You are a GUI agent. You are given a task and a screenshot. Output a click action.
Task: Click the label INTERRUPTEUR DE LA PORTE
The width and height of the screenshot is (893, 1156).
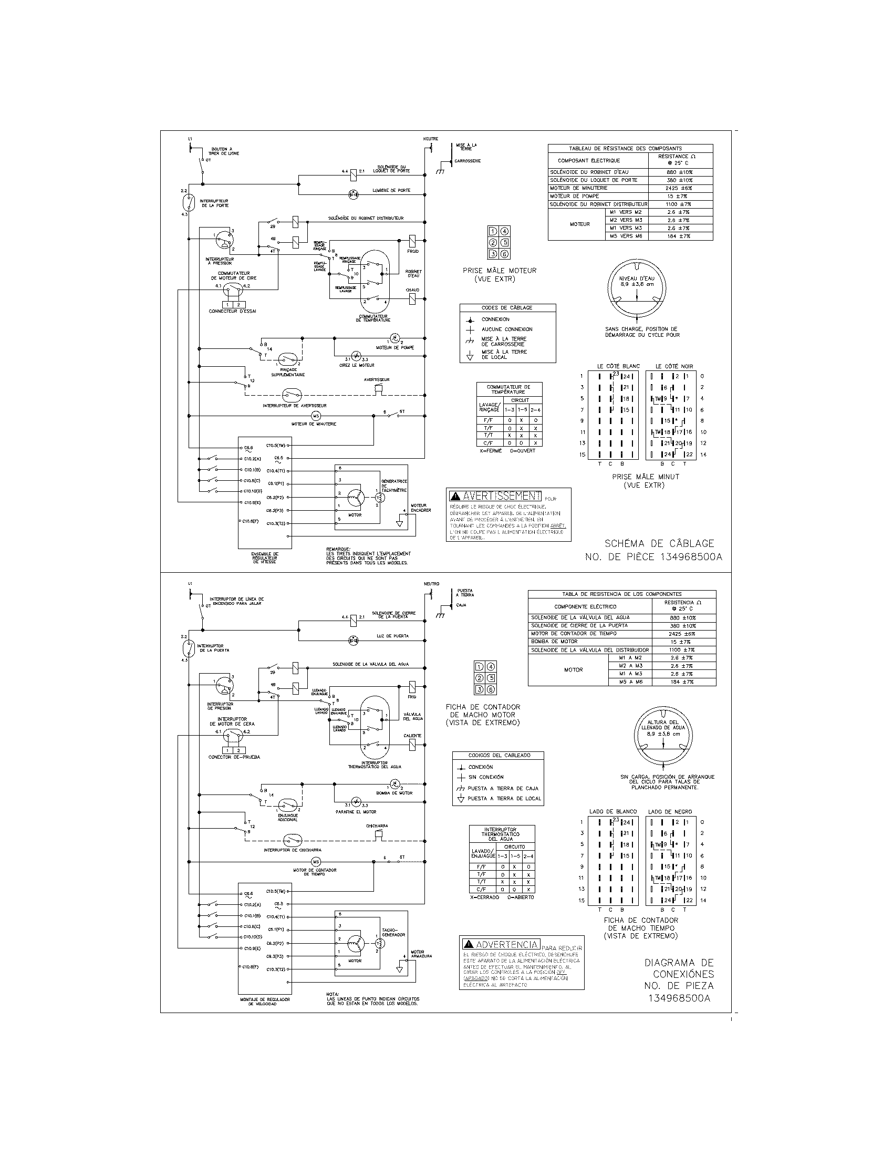215,203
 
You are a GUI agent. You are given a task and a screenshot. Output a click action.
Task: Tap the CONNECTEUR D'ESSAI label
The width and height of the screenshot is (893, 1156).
232,311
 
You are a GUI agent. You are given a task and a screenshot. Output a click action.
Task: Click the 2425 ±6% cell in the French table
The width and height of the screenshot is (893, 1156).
679,188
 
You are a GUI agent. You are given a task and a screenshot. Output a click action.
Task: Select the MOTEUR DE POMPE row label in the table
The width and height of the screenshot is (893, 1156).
575,196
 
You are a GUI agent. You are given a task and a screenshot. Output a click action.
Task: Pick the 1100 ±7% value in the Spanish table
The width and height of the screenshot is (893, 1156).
682,649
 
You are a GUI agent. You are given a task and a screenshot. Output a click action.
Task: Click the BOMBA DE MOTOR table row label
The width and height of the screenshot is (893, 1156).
554,642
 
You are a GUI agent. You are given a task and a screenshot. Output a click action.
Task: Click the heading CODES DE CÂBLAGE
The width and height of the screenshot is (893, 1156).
507,307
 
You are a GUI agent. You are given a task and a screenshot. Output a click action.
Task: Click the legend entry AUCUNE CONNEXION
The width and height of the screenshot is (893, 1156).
506,329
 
